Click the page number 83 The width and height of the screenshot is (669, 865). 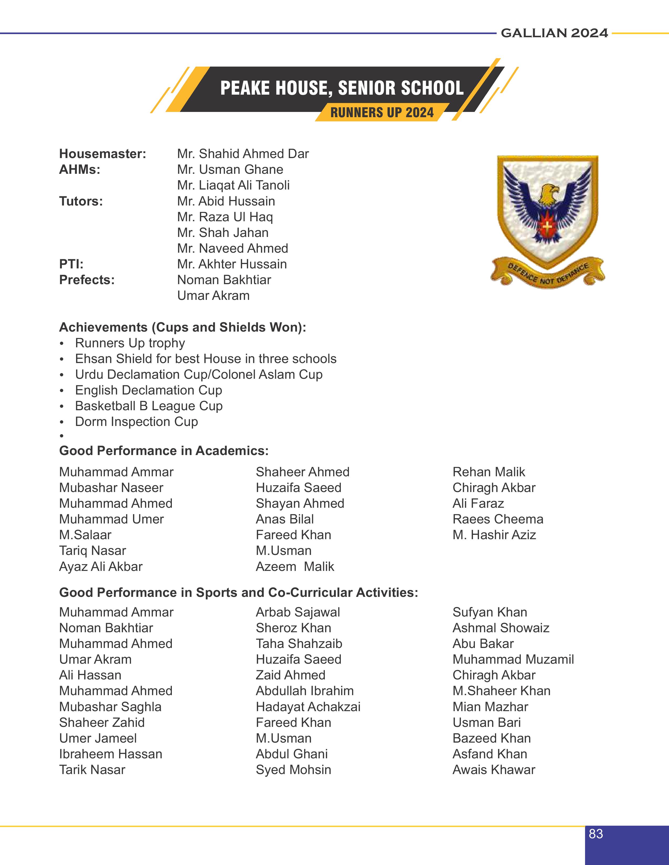596,834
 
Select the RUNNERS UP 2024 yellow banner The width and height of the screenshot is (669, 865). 382,112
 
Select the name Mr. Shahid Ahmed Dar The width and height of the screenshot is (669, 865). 243,154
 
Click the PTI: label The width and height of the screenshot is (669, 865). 71,264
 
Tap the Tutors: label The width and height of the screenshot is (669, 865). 81,201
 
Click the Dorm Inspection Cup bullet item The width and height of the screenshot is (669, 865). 136,422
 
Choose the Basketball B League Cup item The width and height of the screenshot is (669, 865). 148,406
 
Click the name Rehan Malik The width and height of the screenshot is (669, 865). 489,472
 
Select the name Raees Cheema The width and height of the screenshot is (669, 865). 498,519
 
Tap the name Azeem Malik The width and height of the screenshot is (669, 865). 295,567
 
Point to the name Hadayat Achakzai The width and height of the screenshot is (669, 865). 308,707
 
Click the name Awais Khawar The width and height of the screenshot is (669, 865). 494,770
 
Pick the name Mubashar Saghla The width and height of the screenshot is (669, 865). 110,707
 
